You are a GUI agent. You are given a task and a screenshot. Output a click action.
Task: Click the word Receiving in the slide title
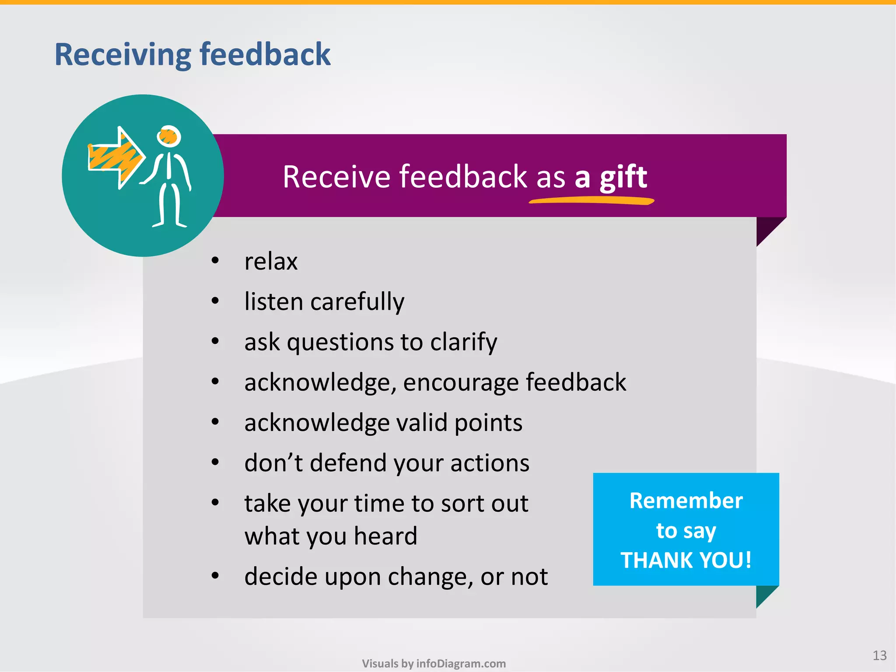coord(122,55)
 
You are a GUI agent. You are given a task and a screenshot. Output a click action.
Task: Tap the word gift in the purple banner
coord(623,178)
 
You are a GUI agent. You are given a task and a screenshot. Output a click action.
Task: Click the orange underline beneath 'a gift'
coord(591,201)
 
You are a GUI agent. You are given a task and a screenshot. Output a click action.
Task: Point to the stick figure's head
coord(169,136)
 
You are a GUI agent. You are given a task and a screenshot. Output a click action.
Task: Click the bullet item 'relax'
coord(271,262)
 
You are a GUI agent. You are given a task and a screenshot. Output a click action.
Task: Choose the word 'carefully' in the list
coord(357,302)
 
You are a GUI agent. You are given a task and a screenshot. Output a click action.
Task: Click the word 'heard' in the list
coord(385,536)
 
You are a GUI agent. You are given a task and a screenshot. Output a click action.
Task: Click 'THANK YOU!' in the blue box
coord(686,560)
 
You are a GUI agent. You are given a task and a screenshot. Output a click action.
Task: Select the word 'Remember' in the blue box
coord(686,500)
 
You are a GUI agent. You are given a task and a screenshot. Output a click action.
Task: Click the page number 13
coord(879,655)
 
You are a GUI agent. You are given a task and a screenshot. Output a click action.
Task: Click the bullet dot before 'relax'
coord(215,261)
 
